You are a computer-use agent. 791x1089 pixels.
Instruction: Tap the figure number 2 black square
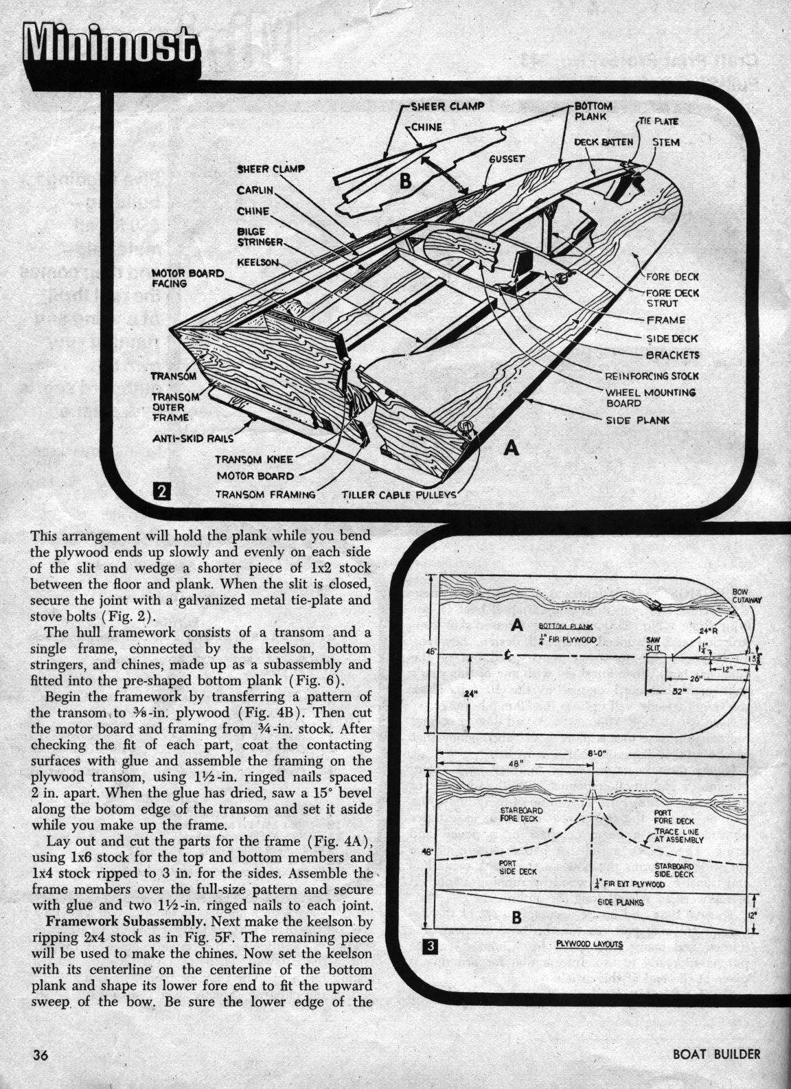point(162,491)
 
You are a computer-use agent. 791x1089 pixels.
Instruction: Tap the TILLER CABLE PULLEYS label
point(398,494)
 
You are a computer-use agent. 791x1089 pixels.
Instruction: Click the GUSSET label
point(507,159)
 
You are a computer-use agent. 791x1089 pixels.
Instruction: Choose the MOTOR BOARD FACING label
point(187,277)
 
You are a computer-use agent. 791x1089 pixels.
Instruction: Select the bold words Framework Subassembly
point(117,920)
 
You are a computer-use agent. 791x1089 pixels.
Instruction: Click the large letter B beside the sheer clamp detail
point(405,182)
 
